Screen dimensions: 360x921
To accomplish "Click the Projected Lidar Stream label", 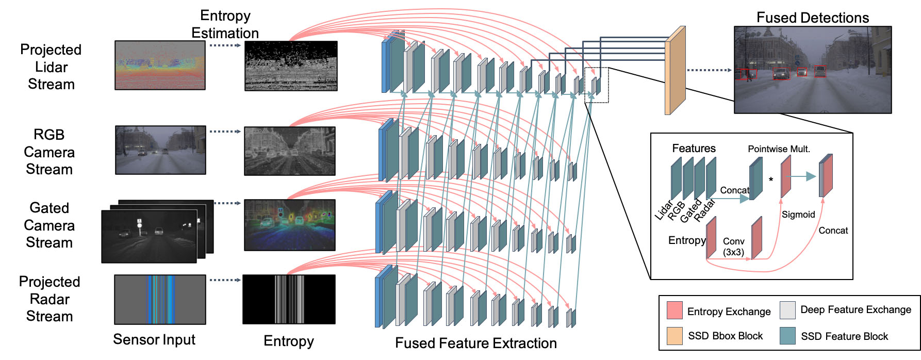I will (x=51, y=67).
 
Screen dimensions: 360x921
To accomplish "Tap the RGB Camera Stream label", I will (x=49, y=152).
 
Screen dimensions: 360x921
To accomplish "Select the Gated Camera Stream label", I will (x=49, y=225).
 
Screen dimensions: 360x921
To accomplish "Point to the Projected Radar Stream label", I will (x=50, y=299).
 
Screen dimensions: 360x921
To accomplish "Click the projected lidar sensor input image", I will (x=160, y=66).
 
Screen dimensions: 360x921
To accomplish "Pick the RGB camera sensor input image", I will (x=160, y=150).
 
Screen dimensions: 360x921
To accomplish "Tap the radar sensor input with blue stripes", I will (x=160, y=300).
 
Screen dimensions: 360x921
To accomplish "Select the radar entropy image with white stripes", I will (x=289, y=300).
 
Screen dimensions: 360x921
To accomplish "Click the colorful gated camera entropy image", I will (x=289, y=225).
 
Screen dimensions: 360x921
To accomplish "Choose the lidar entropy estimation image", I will (x=291, y=66).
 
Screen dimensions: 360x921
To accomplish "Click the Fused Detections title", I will (x=812, y=18).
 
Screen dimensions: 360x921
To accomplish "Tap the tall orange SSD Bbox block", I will (x=675, y=71).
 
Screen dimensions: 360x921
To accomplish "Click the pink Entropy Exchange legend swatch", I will (x=675, y=310).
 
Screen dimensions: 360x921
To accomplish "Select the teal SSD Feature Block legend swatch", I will (x=787, y=336).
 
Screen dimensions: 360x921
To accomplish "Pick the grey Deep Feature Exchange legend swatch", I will (x=787, y=310).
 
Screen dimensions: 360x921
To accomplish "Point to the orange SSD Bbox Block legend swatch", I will (x=675, y=336).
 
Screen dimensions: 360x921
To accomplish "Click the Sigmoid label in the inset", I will (x=798, y=215).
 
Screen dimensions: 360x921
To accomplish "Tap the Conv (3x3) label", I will (x=733, y=247).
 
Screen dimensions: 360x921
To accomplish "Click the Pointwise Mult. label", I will (x=779, y=149).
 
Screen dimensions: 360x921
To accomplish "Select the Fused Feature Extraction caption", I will (x=475, y=343).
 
